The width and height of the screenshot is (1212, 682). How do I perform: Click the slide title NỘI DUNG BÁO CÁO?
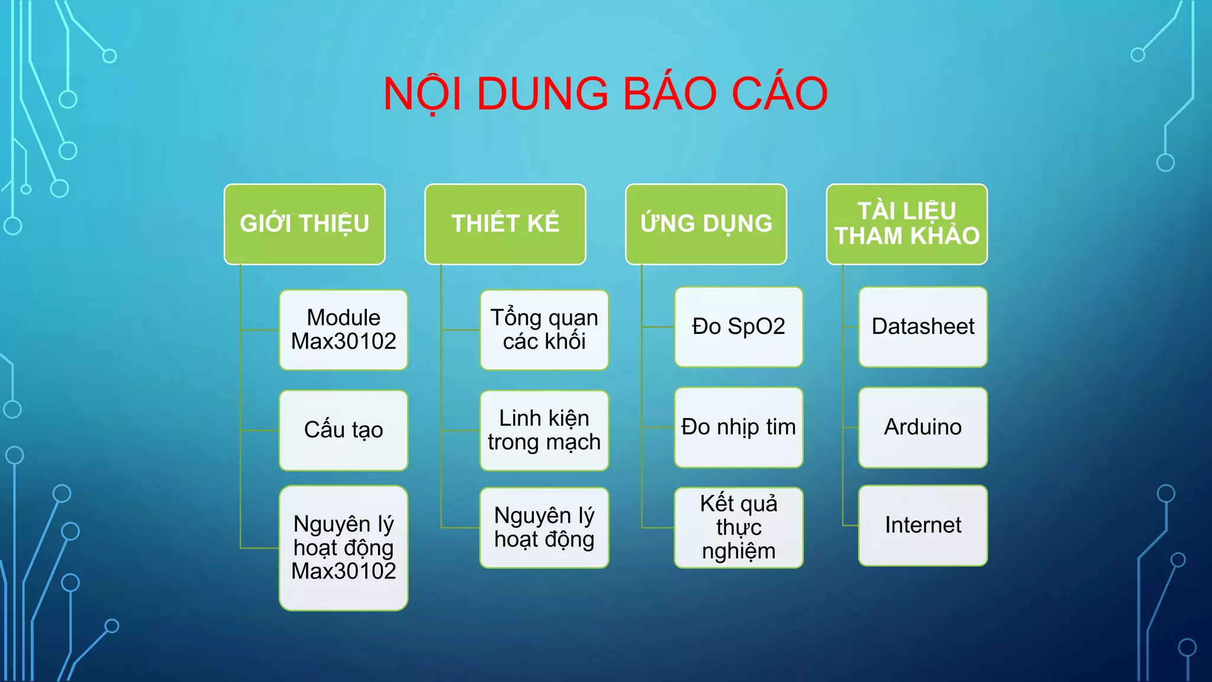point(605,94)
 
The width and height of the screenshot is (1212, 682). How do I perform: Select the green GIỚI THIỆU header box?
point(304,224)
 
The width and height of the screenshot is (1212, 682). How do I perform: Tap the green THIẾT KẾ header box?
point(505,224)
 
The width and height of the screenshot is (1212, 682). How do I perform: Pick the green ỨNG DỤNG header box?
point(705,224)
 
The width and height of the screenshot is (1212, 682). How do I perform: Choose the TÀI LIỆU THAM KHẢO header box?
point(906,224)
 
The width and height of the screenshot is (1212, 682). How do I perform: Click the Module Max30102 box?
point(343,330)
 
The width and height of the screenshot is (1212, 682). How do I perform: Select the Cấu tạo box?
point(343,430)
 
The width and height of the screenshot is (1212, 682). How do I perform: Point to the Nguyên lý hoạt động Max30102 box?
point(343,548)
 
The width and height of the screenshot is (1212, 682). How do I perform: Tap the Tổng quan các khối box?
point(544,330)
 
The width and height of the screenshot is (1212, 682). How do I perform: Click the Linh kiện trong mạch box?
point(544,430)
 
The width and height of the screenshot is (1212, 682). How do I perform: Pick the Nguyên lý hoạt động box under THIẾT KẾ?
point(544,527)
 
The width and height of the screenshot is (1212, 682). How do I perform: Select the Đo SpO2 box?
point(738,327)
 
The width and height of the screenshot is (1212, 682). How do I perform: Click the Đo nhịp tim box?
point(738,427)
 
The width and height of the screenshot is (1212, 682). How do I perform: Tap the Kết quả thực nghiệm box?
point(738,527)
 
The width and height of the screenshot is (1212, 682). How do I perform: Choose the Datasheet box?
point(923,327)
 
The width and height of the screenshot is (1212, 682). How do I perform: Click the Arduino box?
point(923,427)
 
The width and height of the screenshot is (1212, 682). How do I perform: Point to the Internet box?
point(923,525)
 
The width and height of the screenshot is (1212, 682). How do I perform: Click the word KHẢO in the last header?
point(945,236)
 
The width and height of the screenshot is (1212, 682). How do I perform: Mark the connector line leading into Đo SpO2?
point(657,327)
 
